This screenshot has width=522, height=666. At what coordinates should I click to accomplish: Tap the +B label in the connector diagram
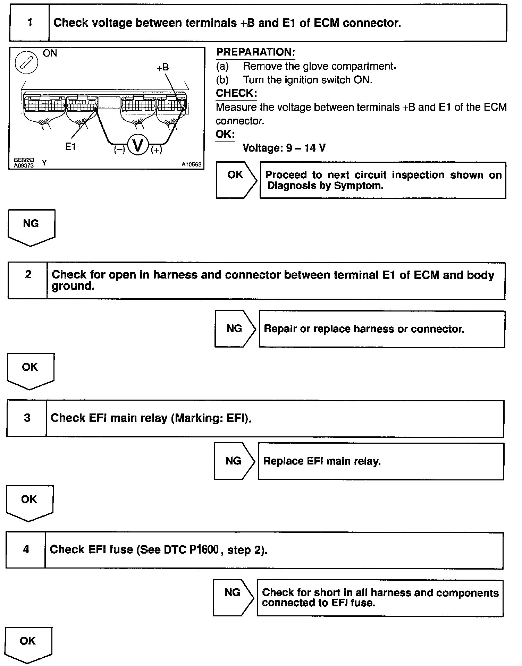[162, 67]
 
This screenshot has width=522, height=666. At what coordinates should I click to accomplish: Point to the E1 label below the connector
[70, 147]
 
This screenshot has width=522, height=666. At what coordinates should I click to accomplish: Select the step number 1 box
[30, 23]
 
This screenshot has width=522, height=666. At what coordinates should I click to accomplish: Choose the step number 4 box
[26, 549]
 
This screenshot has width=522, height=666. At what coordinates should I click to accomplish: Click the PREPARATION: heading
[255, 52]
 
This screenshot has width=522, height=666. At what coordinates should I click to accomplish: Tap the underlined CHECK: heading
[236, 93]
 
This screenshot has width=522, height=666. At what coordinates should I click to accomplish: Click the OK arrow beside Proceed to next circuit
[236, 180]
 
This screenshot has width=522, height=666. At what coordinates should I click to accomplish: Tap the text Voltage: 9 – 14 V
[284, 148]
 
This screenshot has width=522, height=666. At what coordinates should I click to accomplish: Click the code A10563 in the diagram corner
[191, 164]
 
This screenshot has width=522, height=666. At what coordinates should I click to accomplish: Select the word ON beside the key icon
[50, 53]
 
